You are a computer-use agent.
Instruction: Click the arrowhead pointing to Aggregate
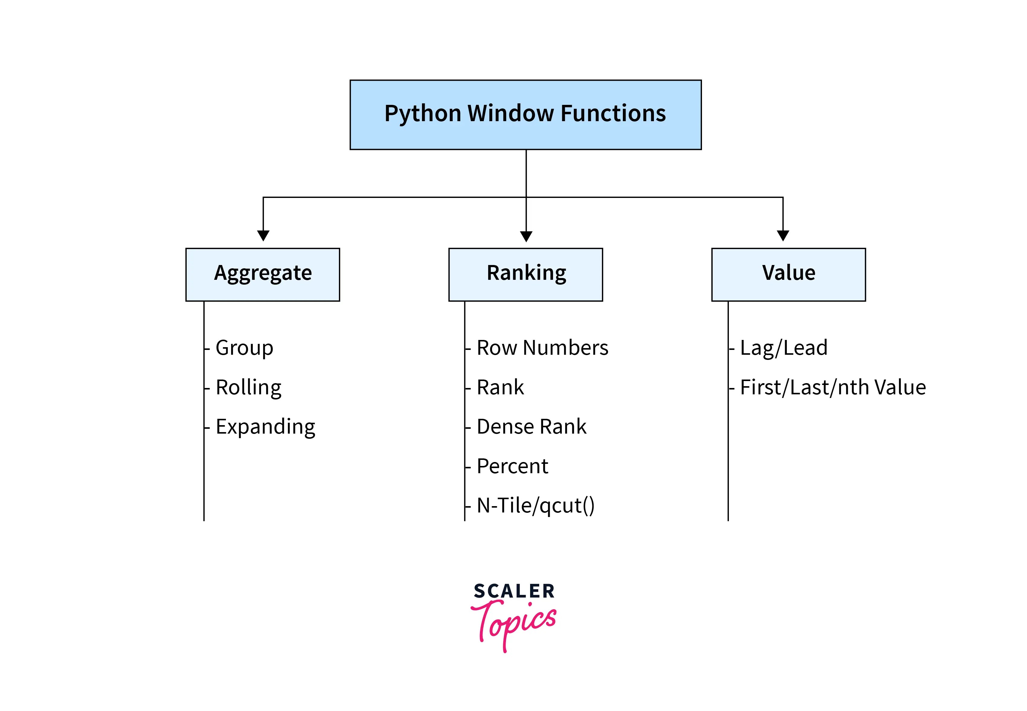click(x=263, y=235)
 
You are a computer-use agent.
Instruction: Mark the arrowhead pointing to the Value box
click(x=783, y=235)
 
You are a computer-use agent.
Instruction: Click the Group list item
click(x=244, y=348)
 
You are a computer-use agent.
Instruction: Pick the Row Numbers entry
click(x=542, y=348)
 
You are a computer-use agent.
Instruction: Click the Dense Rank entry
click(x=531, y=427)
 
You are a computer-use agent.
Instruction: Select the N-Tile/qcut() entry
click(x=535, y=506)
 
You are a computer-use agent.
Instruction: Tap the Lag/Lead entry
click(x=783, y=348)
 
